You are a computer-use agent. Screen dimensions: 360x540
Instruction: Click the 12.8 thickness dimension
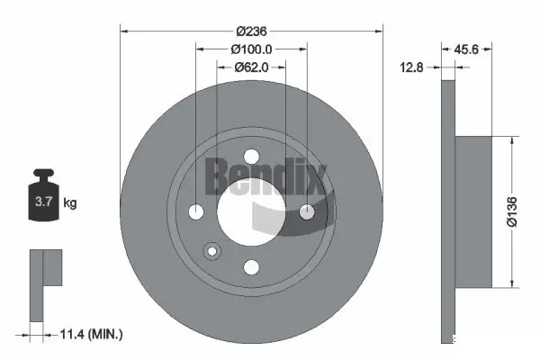click(413, 66)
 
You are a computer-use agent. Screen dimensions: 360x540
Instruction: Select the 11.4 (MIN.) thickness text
click(90, 334)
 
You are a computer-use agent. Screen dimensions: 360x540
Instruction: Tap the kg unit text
click(70, 203)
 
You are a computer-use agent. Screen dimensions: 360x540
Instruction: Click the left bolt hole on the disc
click(197, 211)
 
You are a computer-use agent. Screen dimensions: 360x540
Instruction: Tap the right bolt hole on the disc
click(307, 211)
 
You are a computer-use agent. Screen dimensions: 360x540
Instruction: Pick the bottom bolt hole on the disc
click(252, 266)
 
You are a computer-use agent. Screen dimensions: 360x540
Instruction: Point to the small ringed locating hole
click(212, 252)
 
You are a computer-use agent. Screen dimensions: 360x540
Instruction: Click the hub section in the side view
click(474, 211)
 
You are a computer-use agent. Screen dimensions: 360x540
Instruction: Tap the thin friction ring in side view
click(449, 211)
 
